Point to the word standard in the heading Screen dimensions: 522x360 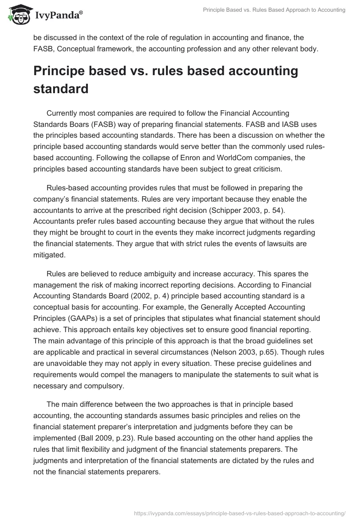tap(61, 89)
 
